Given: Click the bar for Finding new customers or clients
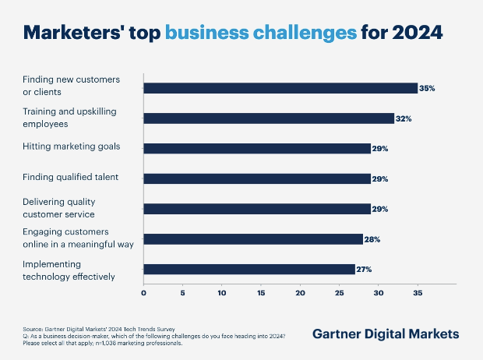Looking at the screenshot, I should pos(280,88).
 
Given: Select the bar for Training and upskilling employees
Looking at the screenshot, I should pos(269,118).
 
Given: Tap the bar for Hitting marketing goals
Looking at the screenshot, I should pos(257,148).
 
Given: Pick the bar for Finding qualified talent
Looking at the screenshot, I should pos(257,178).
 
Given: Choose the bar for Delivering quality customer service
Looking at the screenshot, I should pos(257,209).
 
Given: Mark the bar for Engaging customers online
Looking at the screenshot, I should pos(253,239).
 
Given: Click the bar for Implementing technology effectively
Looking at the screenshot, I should pos(249,270).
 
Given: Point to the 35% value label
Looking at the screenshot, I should pos(427,89).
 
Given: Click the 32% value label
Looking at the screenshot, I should pos(404,118).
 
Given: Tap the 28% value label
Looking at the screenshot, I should pos(372,239).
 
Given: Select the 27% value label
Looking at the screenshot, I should pos(365,270).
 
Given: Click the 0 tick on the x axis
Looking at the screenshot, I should pos(143,294).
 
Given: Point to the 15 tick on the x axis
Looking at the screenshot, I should pos(261,294).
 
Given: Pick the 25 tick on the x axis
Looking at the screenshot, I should pos(340,294).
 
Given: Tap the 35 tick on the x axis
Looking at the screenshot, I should pos(418,294).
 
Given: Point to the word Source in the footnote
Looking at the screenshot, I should pos(33,329).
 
